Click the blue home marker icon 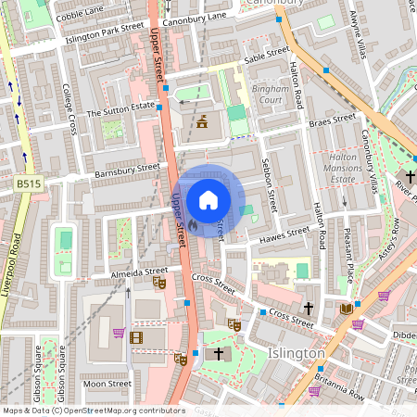tap(208, 200)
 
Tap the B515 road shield tap(29, 185)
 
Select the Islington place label tap(296, 354)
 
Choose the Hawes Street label tap(285, 234)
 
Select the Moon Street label tap(107, 383)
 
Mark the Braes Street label tap(332, 120)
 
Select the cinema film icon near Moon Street tap(137, 337)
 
